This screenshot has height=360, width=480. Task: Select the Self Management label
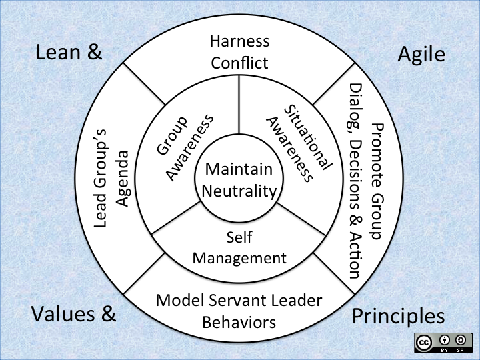point(239,247)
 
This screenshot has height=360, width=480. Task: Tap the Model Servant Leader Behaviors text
point(239,311)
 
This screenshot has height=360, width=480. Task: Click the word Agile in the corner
point(421,54)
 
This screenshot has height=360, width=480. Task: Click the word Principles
point(397,315)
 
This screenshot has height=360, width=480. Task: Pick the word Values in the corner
point(63,313)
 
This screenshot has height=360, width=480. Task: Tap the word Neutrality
point(239,191)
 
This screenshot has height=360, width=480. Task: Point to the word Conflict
point(239,63)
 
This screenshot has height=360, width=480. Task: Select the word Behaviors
point(239,323)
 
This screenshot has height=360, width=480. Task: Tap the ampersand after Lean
point(93,53)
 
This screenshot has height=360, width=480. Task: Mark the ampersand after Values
point(107,313)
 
